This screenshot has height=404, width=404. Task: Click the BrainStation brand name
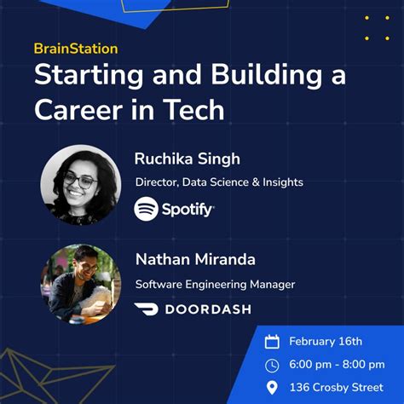click(76, 49)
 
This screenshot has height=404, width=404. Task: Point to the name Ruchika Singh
click(187, 159)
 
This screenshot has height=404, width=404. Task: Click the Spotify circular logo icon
click(147, 208)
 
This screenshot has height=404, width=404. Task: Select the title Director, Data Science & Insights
click(219, 182)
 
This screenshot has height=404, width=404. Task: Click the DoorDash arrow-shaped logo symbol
click(147, 309)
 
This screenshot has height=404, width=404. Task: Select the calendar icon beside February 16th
click(272, 342)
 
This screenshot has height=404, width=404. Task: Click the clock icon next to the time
click(272, 366)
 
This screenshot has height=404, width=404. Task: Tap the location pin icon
click(272, 389)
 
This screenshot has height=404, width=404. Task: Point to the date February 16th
click(326, 342)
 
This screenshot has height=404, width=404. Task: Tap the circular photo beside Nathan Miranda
click(81, 284)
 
